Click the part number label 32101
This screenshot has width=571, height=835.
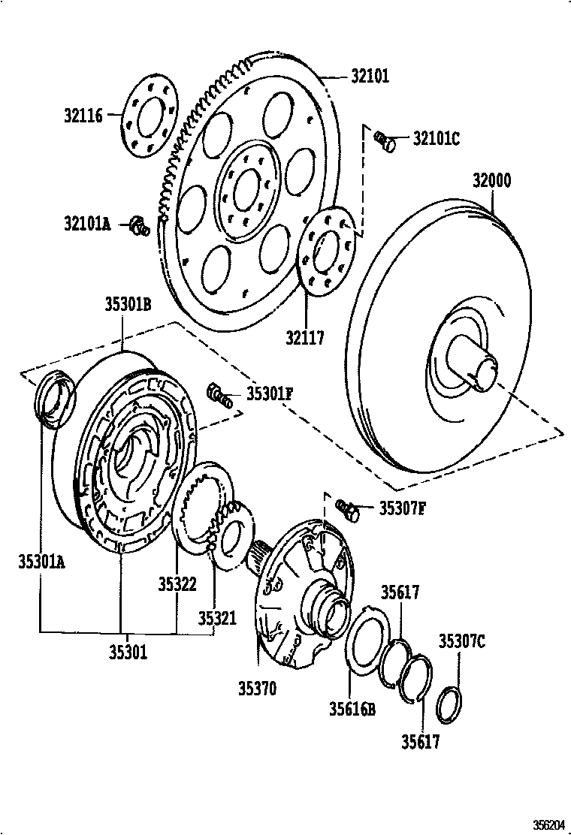click(370, 76)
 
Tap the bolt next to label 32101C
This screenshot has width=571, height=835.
click(385, 140)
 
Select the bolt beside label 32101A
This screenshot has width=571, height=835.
click(138, 225)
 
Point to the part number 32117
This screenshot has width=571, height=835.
click(305, 338)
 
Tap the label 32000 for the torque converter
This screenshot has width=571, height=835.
click(491, 181)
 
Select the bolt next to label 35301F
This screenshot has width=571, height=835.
click(219, 395)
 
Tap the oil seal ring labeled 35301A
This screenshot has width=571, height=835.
click(55, 396)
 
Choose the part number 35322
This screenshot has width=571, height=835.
click(177, 584)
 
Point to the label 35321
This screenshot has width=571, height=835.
click(217, 618)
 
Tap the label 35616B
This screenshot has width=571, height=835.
click(351, 707)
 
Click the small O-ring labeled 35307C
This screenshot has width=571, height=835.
click(449, 704)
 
